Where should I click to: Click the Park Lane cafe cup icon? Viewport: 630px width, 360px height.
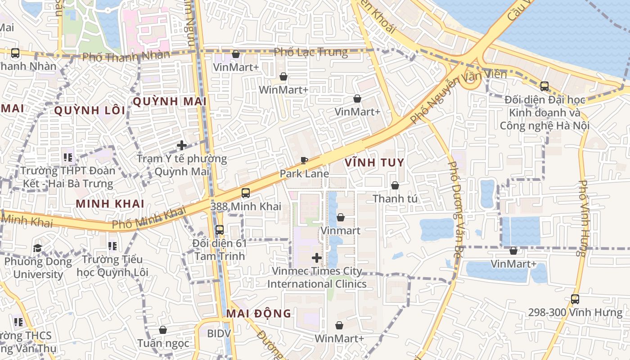coord(304,160)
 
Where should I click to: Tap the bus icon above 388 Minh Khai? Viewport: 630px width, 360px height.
coord(246,193)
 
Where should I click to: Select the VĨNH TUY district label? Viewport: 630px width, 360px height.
coord(374,162)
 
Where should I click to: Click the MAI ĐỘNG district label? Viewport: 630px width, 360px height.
coord(259,314)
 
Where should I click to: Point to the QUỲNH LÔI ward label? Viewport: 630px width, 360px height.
coord(90,110)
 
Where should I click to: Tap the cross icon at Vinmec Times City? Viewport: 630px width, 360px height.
coord(317,258)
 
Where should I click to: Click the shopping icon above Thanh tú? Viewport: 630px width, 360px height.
coord(395,185)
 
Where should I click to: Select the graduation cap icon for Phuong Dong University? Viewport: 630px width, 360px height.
coord(37,248)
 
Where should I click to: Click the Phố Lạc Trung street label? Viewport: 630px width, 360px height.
coord(311,52)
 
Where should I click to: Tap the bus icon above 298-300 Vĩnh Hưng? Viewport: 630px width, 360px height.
coord(575,299)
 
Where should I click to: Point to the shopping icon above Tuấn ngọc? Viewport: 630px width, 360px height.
coord(163,330)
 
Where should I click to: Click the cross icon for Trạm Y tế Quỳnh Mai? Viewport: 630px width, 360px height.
coord(182,145)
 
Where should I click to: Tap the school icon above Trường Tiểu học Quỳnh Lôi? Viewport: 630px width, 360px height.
coord(112,246)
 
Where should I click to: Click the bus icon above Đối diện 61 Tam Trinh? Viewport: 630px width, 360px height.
coord(220,230)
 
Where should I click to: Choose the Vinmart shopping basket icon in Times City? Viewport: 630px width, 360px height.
coord(341,218)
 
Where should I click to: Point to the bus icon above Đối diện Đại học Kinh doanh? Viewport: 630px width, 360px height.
coord(544,86)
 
